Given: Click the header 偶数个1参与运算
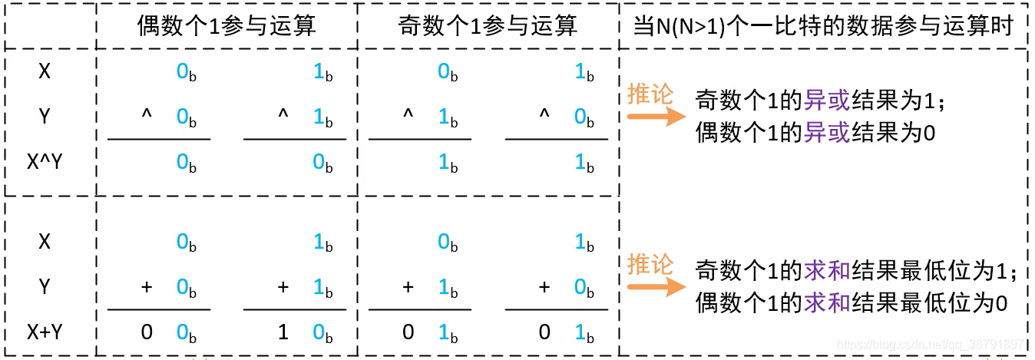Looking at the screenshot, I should [x=227, y=26].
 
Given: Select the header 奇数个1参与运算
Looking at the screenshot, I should [x=488, y=26].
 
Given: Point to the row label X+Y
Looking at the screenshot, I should [x=45, y=332].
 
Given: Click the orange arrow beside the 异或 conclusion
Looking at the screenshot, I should [x=655, y=117].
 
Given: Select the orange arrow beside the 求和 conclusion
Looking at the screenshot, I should [x=655, y=288].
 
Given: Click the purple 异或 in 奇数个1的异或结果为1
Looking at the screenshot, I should [x=826, y=100].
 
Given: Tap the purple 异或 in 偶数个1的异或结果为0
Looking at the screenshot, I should [x=826, y=134].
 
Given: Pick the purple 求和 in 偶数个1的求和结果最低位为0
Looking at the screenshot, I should [x=826, y=304].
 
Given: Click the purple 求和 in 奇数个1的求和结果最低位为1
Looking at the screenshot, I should [x=826, y=270].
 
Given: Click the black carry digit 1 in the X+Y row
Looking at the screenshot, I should [x=283, y=332].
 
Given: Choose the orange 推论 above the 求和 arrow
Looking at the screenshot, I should [x=650, y=265].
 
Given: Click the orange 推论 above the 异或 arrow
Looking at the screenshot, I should [x=650, y=94].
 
